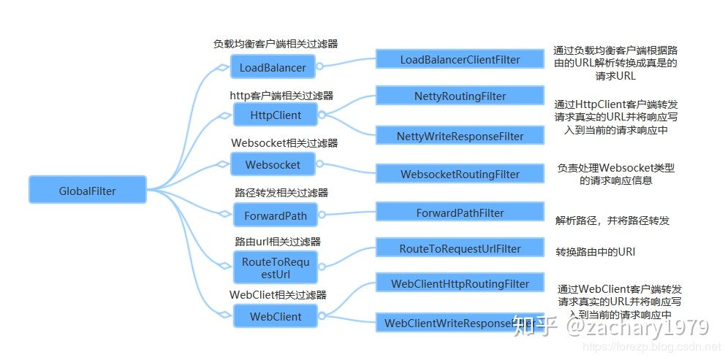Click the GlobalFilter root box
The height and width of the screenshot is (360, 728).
[x=87, y=191]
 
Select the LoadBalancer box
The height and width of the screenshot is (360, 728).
[x=273, y=68]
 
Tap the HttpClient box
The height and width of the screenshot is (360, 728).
[x=275, y=115]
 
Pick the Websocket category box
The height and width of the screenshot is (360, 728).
[x=273, y=164]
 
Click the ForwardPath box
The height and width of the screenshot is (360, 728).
[x=275, y=216]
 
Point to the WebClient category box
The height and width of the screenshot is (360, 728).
[x=275, y=317]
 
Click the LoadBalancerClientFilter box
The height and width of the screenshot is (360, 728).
[x=460, y=59]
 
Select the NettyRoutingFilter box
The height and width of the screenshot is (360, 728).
[x=460, y=96]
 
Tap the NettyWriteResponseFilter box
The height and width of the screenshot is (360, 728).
[x=460, y=136]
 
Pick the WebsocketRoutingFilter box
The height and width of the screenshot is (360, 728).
[x=460, y=175]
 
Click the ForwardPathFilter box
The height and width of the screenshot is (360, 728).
[x=460, y=212]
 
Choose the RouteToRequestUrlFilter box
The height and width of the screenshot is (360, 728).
[x=460, y=248]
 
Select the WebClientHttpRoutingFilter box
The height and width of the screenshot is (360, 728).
[x=460, y=283]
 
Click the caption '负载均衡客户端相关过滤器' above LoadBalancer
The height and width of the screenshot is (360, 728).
[x=276, y=44]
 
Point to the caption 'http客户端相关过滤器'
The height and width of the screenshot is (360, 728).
[x=281, y=95]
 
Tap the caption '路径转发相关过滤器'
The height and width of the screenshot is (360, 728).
[x=281, y=193]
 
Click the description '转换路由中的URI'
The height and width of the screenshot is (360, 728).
[x=596, y=251]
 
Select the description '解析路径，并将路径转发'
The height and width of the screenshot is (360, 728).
[x=613, y=220]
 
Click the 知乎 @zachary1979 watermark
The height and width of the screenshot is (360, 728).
[x=611, y=326]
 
